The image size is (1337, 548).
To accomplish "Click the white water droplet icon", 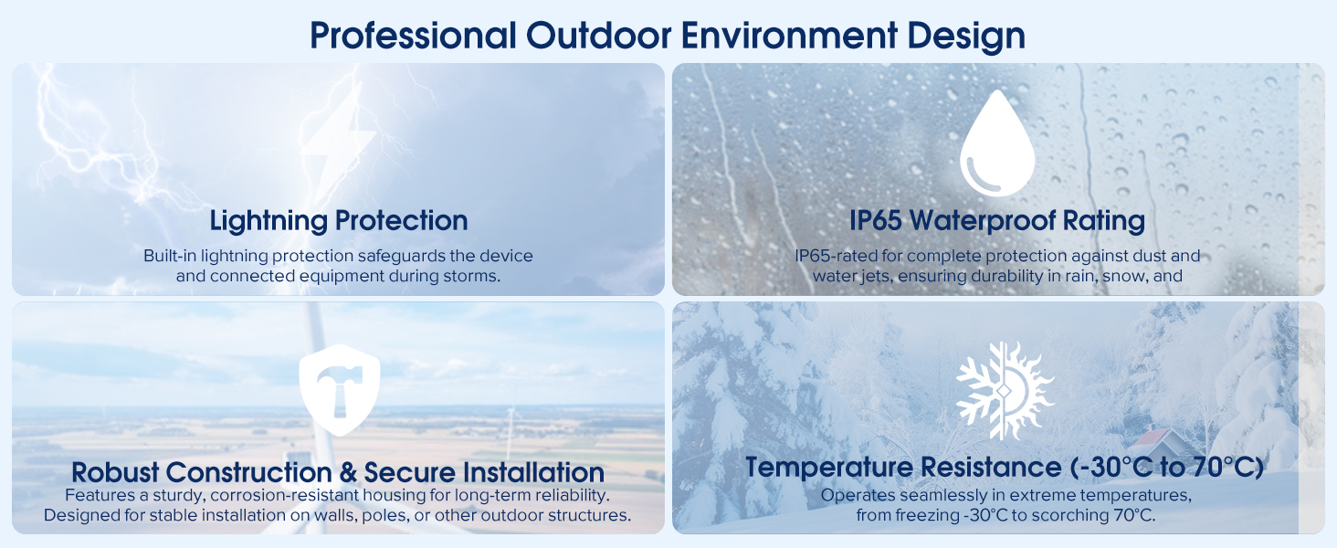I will pyautogui.click(x=997, y=144).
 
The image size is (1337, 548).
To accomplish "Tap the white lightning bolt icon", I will pyautogui.click(x=339, y=146).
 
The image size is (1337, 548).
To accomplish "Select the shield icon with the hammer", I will pyautogui.click(x=339, y=387).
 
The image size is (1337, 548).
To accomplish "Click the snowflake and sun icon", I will pyautogui.click(x=1004, y=391).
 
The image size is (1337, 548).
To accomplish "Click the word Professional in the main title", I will pyautogui.click(x=412, y=36).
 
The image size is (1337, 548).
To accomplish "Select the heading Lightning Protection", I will pyautogui.click(x=338, y=220).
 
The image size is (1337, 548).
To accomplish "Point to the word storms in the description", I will pyautogui.click(x=476, y=276).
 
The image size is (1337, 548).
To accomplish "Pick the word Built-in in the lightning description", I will pyautogui.click(x=169, y=256).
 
